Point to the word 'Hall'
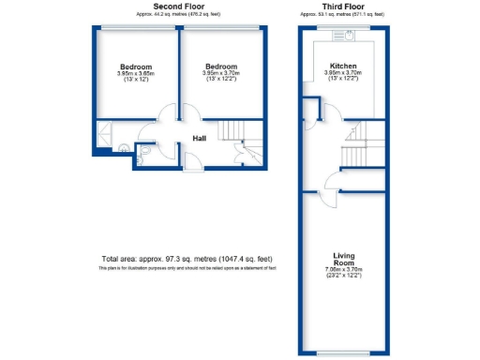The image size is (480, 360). (199, 139)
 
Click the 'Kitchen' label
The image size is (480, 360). (342, 67)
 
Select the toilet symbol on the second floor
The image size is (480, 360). (147, 153)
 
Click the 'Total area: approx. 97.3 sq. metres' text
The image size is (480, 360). (187, 259)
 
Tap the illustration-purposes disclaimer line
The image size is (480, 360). (187, 269)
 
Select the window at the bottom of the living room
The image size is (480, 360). (342, 354)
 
